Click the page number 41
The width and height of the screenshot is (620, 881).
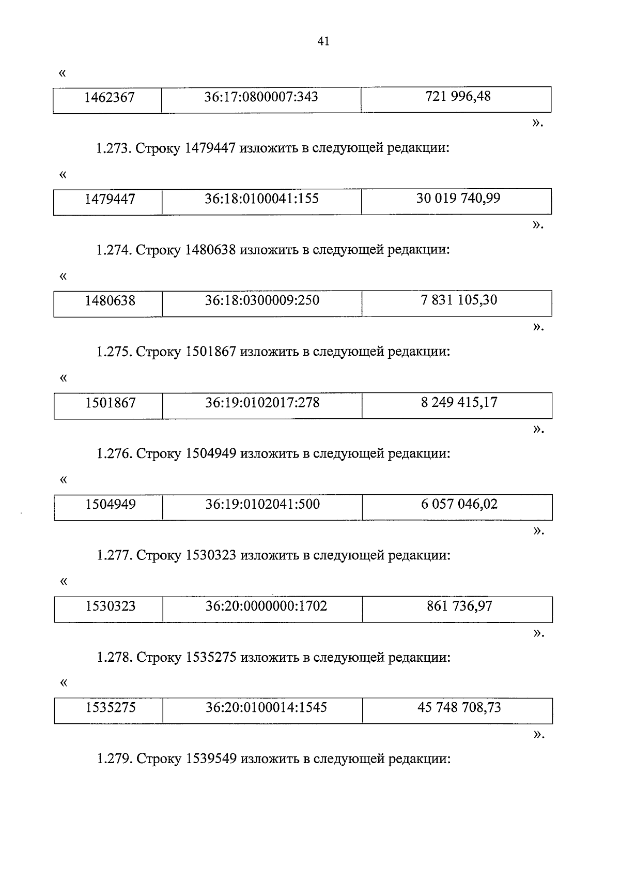click(323, 41)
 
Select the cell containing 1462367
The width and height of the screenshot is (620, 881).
click(110, 97)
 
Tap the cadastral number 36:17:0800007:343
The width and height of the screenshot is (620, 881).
click(261, 97)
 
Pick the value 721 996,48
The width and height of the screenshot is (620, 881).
click(458, 96)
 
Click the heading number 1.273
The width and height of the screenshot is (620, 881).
click(114, 149)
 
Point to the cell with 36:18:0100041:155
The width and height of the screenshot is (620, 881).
click(261, 199)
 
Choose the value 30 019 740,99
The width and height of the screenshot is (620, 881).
click(458, 198)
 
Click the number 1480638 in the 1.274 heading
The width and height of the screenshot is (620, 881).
click(210, 250)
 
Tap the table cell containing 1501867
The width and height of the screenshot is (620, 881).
click(111, 402)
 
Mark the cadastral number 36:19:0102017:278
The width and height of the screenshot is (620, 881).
click(262, 402)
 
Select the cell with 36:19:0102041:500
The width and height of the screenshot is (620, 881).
click(262, 504)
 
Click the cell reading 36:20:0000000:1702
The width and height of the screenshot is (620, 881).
click(266, 606)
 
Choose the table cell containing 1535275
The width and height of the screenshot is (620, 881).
click(111, 707)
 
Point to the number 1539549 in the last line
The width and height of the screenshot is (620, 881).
click(211, 759)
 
